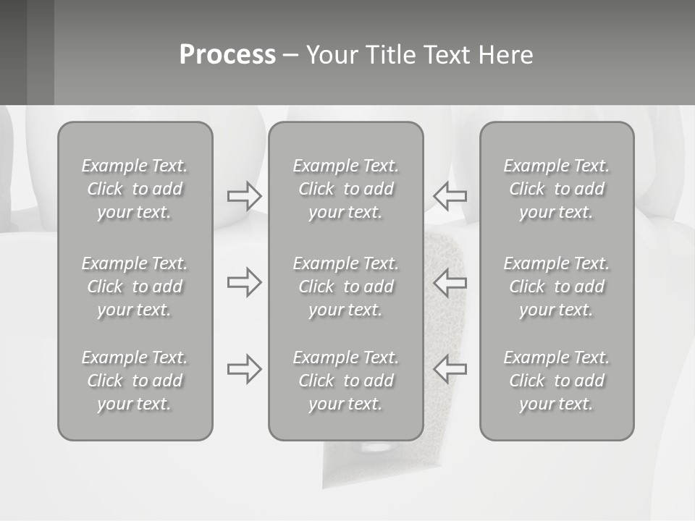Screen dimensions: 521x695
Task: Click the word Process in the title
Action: (x=227, y=55)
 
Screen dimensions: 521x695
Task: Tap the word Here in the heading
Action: (x=505, y=55)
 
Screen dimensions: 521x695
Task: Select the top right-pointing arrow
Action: (x=245, y=195)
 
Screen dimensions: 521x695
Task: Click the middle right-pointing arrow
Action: (x=245, y=282)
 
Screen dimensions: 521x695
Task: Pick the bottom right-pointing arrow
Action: (x=245, y=369)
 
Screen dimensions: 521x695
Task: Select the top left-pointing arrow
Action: (x=450, y=195)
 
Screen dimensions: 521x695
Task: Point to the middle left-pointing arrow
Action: (x=450, y=282)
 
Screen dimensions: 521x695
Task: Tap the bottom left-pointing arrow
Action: (x=450, y=369)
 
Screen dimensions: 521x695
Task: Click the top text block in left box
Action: (x=135, y=189)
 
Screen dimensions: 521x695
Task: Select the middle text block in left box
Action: (x=135, y=287)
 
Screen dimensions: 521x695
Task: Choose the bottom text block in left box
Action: (x=135, y=381)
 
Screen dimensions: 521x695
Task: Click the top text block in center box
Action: (x=346, y=189)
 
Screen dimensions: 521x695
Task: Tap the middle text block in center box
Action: (x=346, y=287)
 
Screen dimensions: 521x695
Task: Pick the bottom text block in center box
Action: (x=346, y=381)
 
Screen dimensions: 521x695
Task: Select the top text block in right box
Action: (x=557, y=189)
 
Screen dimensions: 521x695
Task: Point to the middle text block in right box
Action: (x=557, y=287)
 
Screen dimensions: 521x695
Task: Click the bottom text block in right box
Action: (x=557, y=381)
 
